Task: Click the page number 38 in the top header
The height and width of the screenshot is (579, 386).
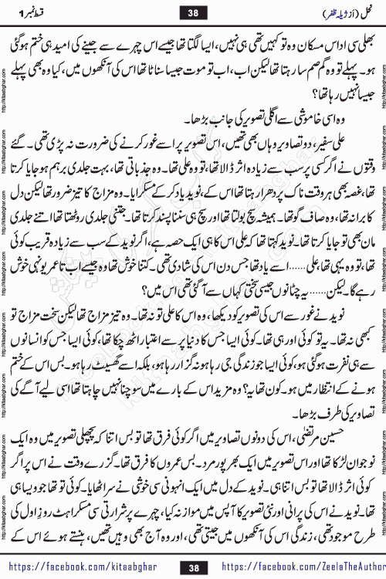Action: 192,12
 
